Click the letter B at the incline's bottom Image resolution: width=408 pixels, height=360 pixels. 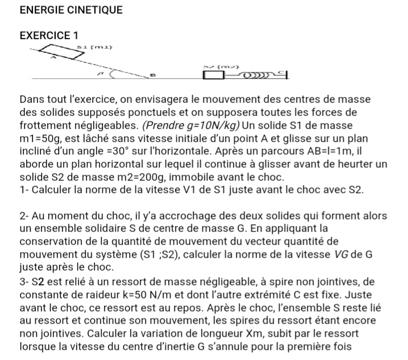152,76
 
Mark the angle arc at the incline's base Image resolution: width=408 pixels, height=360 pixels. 112,73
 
